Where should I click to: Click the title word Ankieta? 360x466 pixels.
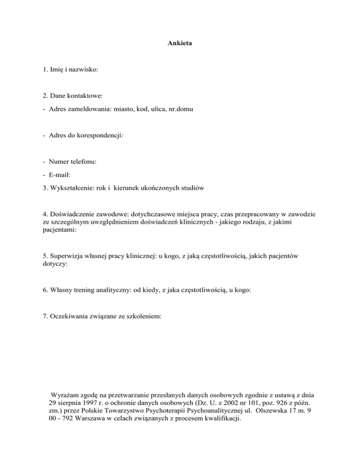tap(180, 44)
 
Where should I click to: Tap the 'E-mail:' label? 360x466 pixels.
tap(58, 175)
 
